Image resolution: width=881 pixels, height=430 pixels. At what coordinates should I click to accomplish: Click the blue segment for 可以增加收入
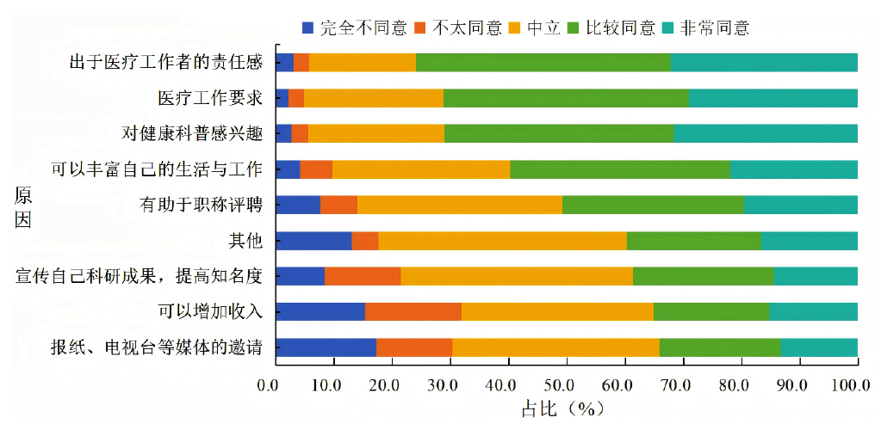(x=320, y=311)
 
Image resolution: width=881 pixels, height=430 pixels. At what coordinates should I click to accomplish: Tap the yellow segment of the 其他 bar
(x=502, y=241)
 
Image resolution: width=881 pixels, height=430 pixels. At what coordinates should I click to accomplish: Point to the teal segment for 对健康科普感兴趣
(x=766, y=133)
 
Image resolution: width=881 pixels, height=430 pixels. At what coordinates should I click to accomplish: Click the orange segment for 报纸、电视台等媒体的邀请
(x=414, y=347)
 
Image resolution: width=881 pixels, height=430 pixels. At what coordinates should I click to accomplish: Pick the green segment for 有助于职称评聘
(x=653, y=205)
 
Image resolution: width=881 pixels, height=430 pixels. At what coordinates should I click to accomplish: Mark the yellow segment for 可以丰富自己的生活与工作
(x=421, y=169)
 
